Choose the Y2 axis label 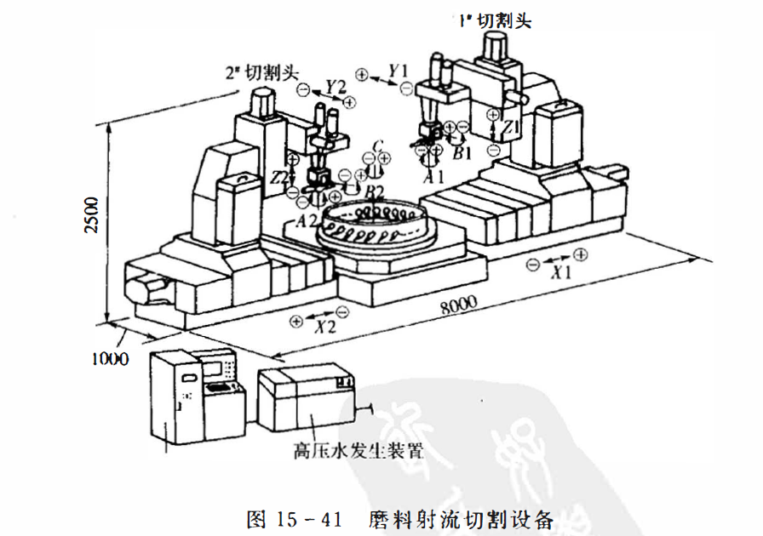(336, 87)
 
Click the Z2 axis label (278, 177)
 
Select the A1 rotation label (434, 177)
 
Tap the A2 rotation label (306, 220)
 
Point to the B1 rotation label (462, 154)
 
